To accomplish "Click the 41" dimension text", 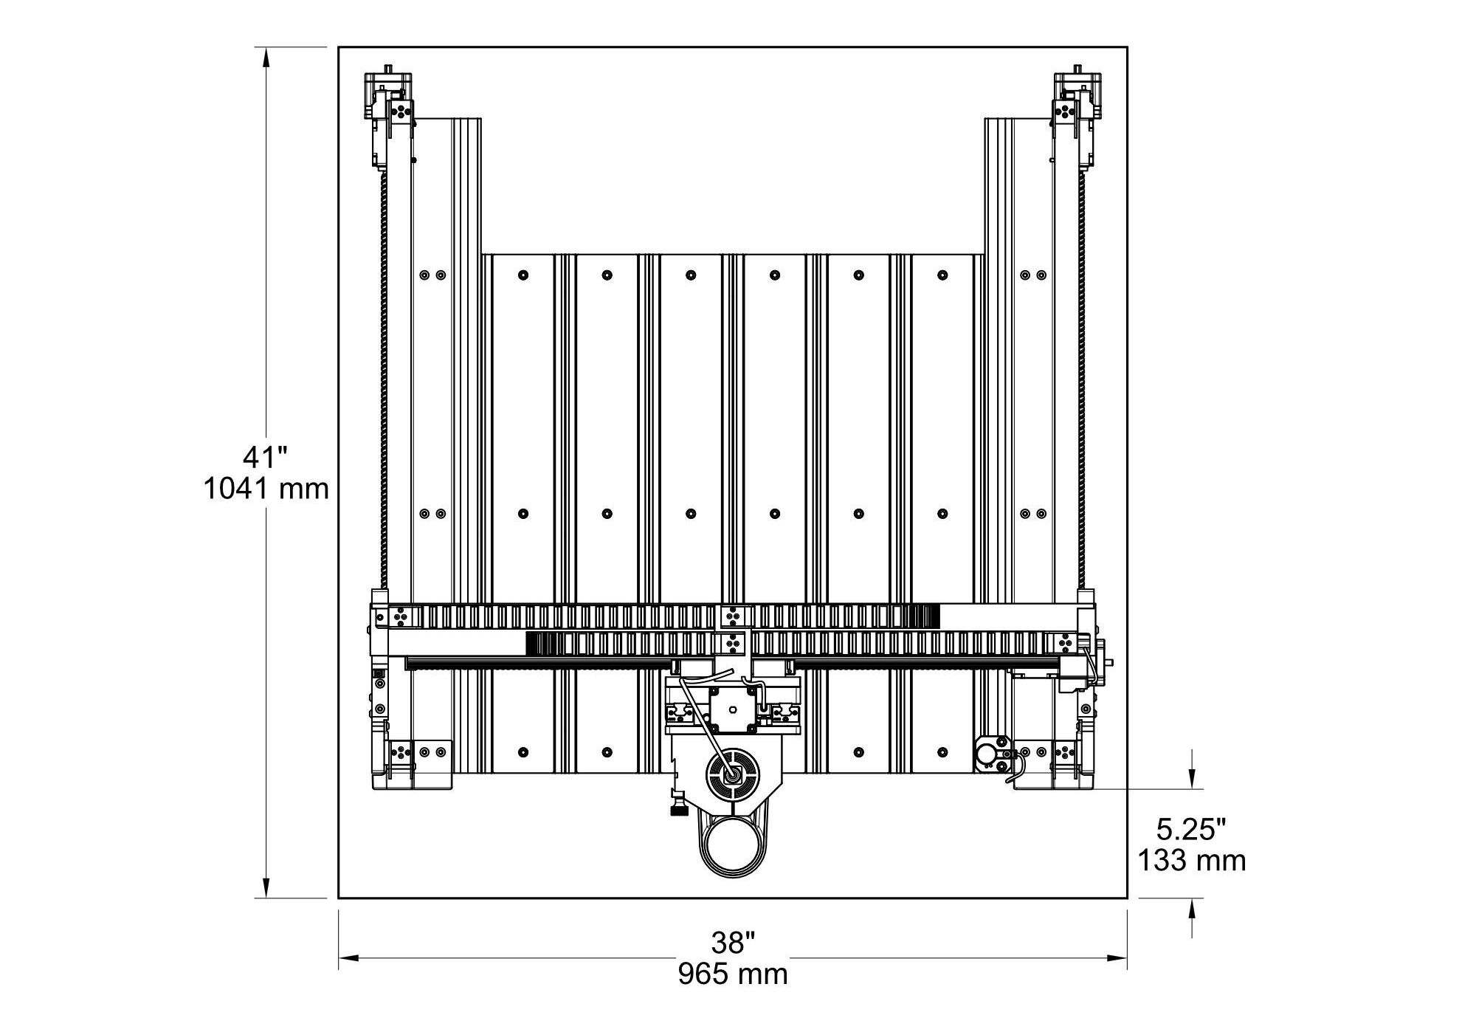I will [265, 457].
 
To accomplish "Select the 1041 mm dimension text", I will [266, 489].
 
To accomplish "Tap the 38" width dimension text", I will [733, 942].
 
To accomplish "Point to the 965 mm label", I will [733, 974].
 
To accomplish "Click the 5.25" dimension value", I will [1191, 830].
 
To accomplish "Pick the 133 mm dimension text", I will [1191, 861].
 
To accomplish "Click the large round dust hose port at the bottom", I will [734, 847].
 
